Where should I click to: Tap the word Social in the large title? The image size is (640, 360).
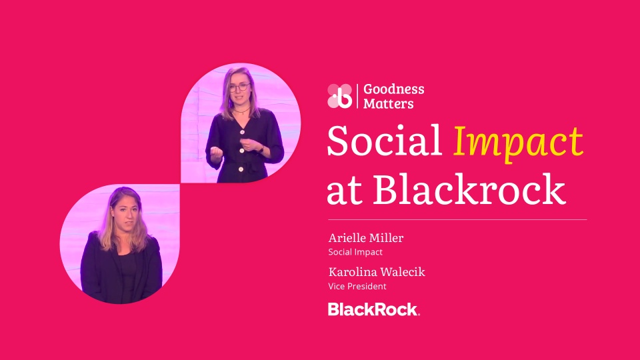(x=384, y=140)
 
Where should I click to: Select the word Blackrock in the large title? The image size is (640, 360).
(x=469, y=188)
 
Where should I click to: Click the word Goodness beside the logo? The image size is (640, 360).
(x=393, y=89)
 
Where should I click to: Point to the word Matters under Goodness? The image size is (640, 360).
(x=388, y=104)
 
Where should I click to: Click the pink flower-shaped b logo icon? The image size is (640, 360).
(x=339, y=96)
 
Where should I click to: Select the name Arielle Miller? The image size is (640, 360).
(x=366, y=238)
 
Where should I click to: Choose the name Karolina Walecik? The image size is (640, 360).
(x=377, y=272)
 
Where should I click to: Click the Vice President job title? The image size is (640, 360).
(x=357, y=287)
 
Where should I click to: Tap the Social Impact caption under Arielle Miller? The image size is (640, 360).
(x=355, y=252)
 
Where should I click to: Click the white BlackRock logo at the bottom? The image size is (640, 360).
(x=373, y=309)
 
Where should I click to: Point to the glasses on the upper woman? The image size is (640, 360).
(x=240, y=87)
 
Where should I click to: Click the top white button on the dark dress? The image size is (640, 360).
(x=242, y=132)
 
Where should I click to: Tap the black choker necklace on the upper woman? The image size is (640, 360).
(x=241, y=110)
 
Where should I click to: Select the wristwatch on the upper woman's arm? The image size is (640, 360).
(x=261, y=149)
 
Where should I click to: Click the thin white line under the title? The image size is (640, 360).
(x=457, y=219)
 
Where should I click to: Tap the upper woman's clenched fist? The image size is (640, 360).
(x=216, y=153)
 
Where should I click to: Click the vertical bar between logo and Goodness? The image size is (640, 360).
(x=357, y=96)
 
